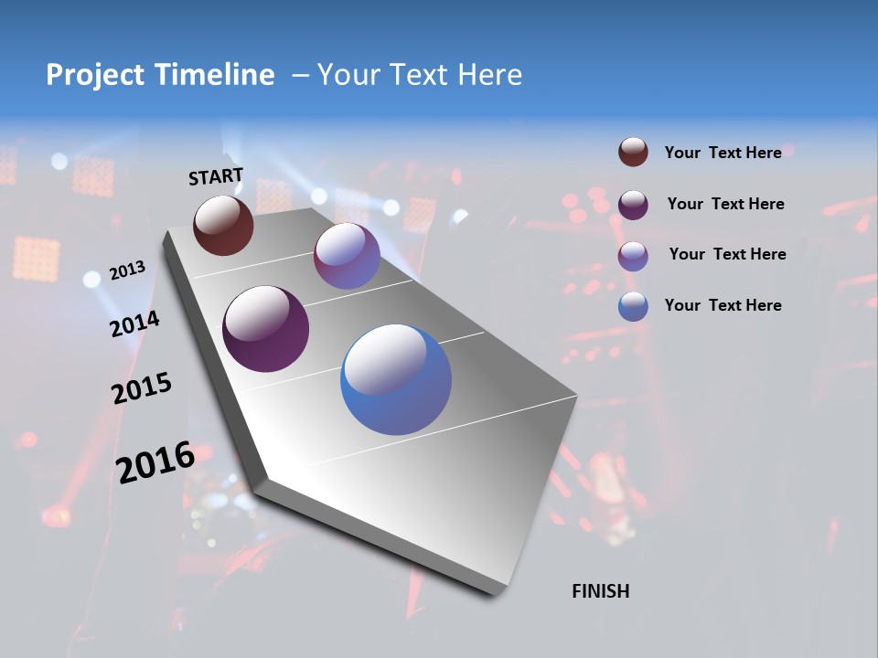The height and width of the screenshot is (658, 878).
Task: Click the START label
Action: point(216,176)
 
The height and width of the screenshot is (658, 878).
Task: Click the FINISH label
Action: point(600,591)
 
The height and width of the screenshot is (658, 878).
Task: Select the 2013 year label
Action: point(127,271)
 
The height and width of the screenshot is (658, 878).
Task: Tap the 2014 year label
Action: point(134,324)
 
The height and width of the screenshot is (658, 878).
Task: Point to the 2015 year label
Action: point(142,388)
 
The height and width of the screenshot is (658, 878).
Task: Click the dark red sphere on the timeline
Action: point(223,225)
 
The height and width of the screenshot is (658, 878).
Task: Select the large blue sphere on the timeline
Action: point(396,379)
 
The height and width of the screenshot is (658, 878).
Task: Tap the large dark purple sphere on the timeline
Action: point(265,329)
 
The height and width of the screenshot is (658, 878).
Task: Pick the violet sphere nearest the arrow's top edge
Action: point(347,256)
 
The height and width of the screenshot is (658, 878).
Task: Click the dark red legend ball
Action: point(633,153)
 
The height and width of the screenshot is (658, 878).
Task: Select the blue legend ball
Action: point(633,306)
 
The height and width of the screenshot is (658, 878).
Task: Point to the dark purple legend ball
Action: point(633,205)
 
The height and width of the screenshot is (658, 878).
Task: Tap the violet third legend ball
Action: point(633,256)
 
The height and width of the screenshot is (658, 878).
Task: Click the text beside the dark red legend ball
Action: point(723,154)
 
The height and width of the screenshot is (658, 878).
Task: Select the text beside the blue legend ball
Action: point(723,305)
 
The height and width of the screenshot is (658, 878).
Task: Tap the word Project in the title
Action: point(96,75)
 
